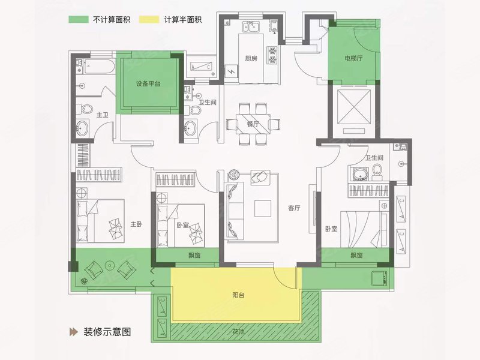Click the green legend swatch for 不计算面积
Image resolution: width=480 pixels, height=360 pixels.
tap(77, 19)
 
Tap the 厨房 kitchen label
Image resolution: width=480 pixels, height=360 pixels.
tap(251, 59)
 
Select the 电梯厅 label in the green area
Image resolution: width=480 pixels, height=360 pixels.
tap(354, 59)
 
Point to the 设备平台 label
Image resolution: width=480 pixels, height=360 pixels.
tap(148, 84)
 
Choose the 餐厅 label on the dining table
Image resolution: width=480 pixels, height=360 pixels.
tap(252, 124)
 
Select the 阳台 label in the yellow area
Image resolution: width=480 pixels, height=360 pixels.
tap(239, 296)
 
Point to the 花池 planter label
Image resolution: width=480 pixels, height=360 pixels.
tap(239, 331)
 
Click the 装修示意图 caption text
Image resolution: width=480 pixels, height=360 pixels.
tap(107, 331)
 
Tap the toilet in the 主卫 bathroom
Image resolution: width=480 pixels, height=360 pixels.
tap(85, 110)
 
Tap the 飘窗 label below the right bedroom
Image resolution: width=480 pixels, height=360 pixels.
tap(356, 256)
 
